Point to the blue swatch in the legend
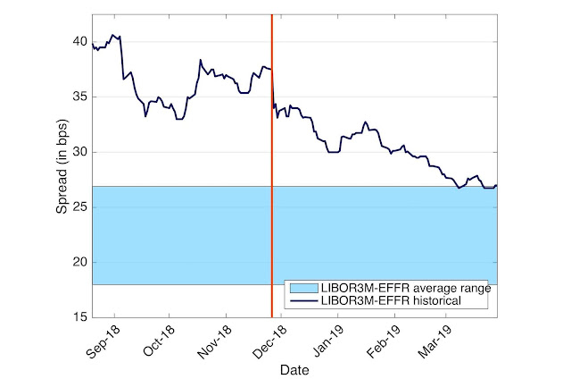[304, 289]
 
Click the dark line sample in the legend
[304, 301]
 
